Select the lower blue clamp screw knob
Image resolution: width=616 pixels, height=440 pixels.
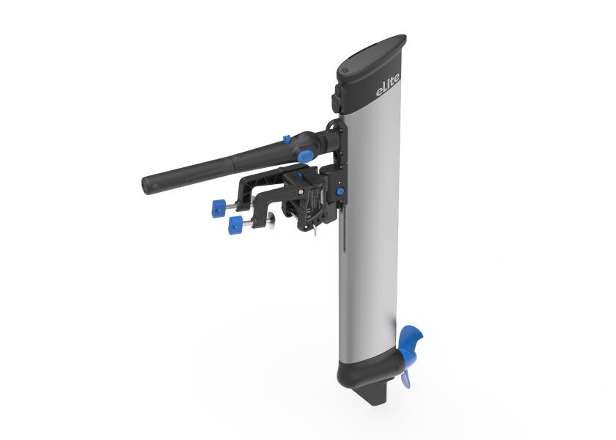(x=235, y=224)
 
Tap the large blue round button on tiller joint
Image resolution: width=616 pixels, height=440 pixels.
(x=304, y=155)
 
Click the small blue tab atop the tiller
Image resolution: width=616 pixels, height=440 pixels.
(x=285, y=139)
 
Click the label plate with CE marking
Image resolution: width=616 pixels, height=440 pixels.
(x=316, y=201)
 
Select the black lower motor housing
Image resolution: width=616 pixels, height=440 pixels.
(x=362, y=370)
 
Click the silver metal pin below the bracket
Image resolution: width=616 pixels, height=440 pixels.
(x=314, y=231)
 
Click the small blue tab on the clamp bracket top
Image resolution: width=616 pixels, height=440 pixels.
(x=299, y=175)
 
